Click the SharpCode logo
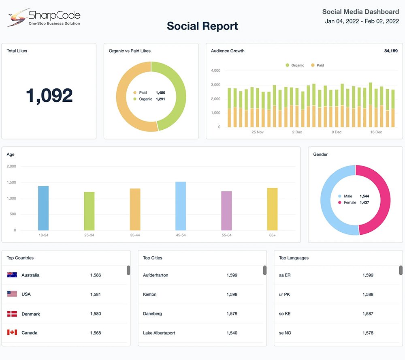pyautogui.click(x=44, y=18)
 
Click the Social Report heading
pyautogui.click(x=202, y=26)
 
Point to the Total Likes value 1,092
pyautogui.click(x=49, y=95)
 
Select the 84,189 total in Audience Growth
pyautogui.click(x=390, y=51)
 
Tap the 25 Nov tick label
pyautogui.click(x=258, y=132)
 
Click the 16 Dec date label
pyautogui.click(x=376, y=132)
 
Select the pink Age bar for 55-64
pyautogui.click(x=226, y=211)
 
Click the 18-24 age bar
pyautogui.click(x=43, y=208)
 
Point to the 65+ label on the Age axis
pyautogui.click(x=272, y=236)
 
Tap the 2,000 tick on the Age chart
pyautogui.click(x=11, y=166)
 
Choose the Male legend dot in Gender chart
pyautogui.click(x=339, y=196)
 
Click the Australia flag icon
pyautogui.click(x=12, y=275)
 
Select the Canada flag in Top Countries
pyautogui.click(x=12, y=332)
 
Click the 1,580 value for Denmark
pyautogui.click(x=96, y=314)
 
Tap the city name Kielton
pyautogui.click(x=149, y=294)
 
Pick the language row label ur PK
pyautogui.click(x=284, y=294)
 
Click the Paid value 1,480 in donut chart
pyautogui.click(x=160, y=93)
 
